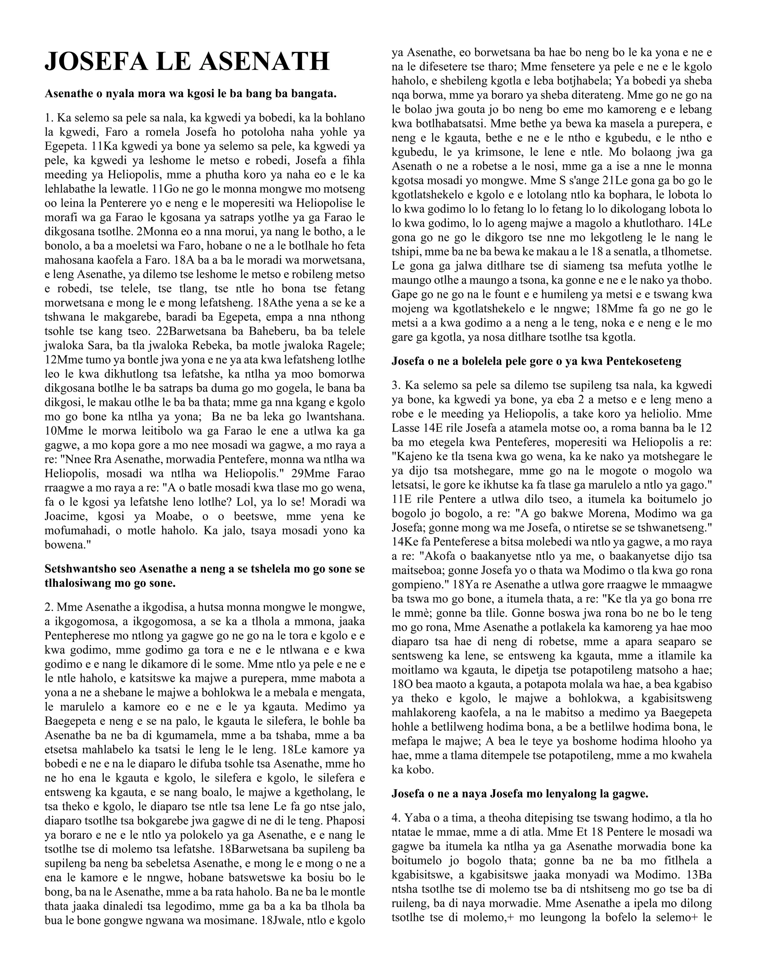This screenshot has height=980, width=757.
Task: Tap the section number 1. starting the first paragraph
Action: (49, 118)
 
